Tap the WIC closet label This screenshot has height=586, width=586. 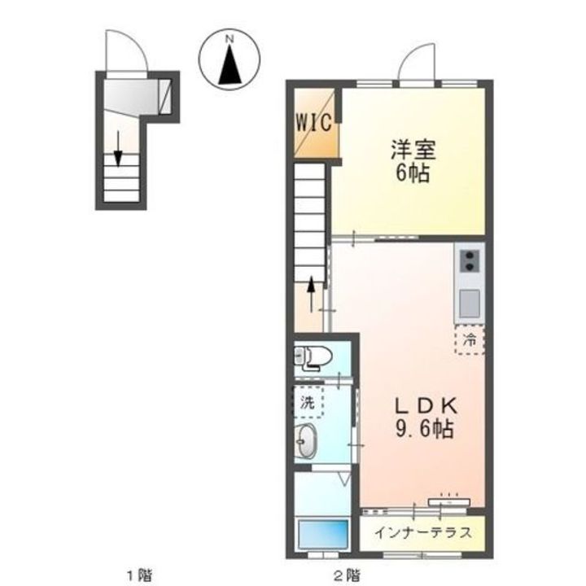[x=313, y=124]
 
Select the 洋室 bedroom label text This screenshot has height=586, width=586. [x=413, y=151]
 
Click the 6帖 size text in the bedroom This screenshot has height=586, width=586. [x=413, y=173]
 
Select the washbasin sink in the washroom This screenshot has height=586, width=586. [x=307, y=443]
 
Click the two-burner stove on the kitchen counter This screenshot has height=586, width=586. [x=470, y=261]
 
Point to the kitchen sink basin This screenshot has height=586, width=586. [x=470, y=304]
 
